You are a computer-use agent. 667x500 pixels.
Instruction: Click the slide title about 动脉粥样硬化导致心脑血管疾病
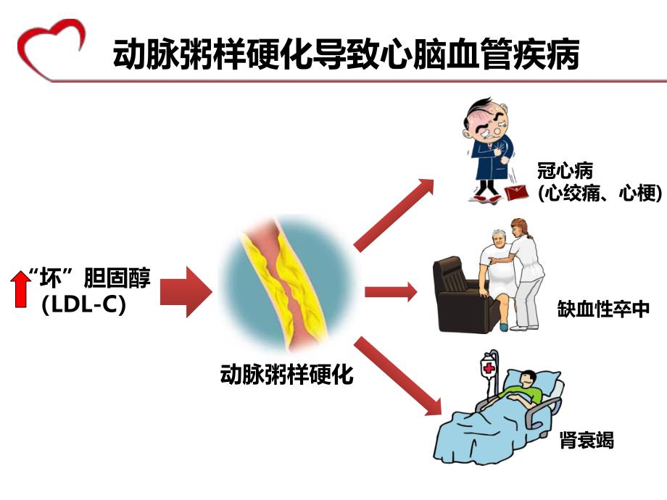347,54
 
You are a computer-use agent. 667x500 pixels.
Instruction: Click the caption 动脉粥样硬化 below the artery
286,375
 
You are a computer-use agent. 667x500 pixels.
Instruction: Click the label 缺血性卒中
602,309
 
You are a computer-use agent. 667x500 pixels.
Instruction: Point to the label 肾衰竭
587,440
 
